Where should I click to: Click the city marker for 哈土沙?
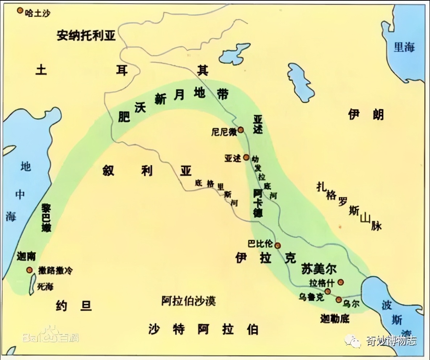(x=20, y=11)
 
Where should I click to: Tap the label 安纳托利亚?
(x=86, y=35)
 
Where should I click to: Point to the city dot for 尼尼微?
(x=241, y=130)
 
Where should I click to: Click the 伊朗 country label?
(x=365, y=115)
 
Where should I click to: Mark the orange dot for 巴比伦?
(x=278, y=245)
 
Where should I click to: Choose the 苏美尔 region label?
(x=319, y=269)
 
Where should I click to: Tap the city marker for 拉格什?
(x=340, y=282)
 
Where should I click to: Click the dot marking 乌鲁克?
(x=328, y=291)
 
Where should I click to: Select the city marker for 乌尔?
(x=339, y=300)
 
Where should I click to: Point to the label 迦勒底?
(x=334, y=319)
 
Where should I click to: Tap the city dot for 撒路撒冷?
(x=29, y=270)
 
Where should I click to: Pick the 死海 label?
(x=45, y=287)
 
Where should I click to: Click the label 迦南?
(x=26, y=256)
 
